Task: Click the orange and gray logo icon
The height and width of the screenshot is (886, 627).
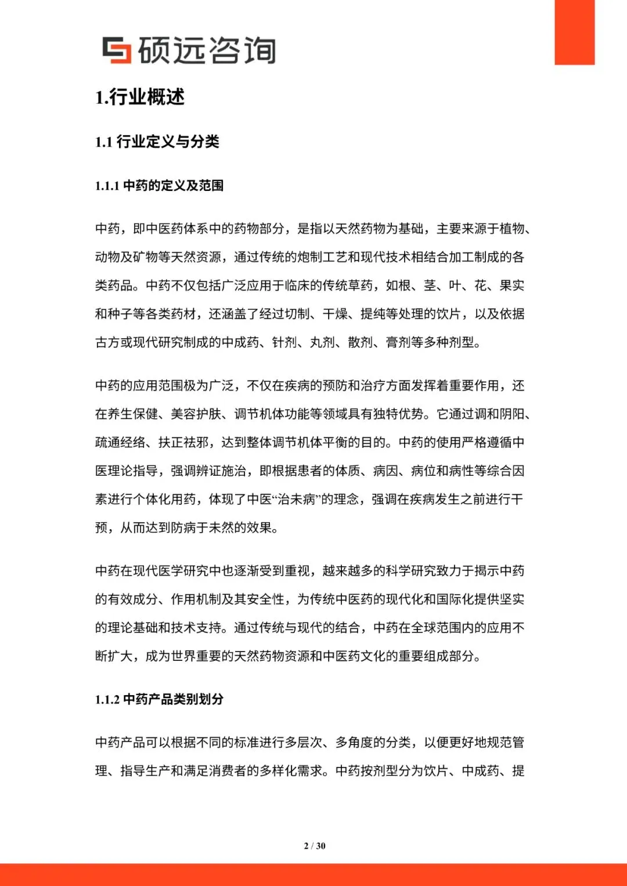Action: pos(117,50)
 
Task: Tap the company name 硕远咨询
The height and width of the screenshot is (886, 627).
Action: pos(207,50)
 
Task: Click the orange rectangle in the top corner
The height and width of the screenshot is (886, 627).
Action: pos(574,32)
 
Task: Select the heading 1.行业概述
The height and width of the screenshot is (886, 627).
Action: pos(140,97)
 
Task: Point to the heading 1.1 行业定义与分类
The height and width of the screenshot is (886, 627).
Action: pos(157,142)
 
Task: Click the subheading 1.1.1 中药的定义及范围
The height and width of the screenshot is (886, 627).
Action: pos(159,186)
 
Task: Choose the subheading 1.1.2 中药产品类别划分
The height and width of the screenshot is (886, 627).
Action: pos(159,699)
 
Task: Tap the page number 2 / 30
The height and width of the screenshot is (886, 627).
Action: pos(315,846)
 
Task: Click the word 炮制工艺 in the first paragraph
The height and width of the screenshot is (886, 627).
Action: pos(322,257)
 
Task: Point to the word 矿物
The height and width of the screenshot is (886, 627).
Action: pos(146,257)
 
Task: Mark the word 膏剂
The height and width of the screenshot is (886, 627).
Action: pos(398,342)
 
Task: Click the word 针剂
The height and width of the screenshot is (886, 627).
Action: pos(284,342)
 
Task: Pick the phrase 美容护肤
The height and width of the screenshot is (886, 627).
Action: pos(196,414)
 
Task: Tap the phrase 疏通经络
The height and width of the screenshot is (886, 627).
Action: pos(120,442)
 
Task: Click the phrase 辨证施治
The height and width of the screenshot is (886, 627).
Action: pos(221,471)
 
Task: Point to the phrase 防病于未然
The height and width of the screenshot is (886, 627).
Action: pos(203,527)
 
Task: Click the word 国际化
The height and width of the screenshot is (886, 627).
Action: pos(455,599)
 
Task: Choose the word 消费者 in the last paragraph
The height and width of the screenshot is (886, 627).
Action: pos(228,771)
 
